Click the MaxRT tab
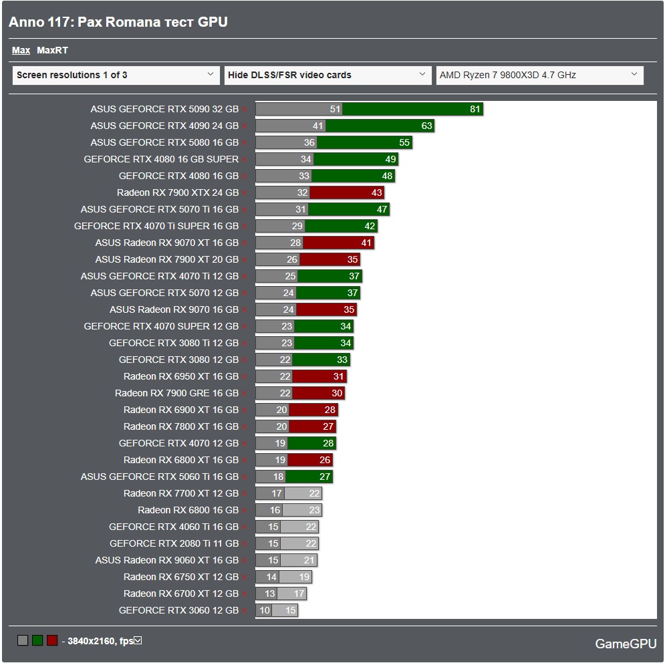pos(52,50)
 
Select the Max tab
pos(21,50)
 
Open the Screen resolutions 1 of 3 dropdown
pos(116,75)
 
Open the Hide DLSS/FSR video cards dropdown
pos(327,75)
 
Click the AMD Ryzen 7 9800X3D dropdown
pos(539,75)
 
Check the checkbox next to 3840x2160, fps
pos(138,641)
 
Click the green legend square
pos(37,641)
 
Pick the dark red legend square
pos(52,641)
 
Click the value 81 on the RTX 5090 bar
pos(475,109)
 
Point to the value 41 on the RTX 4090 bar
pos(317,126)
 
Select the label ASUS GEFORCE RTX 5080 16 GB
pos(164,142)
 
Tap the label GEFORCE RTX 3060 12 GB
pos(178,610)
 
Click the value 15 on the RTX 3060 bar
pos(290,610)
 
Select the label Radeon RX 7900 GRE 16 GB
pos(176,393)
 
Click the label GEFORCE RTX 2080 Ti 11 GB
pos(174,543)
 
